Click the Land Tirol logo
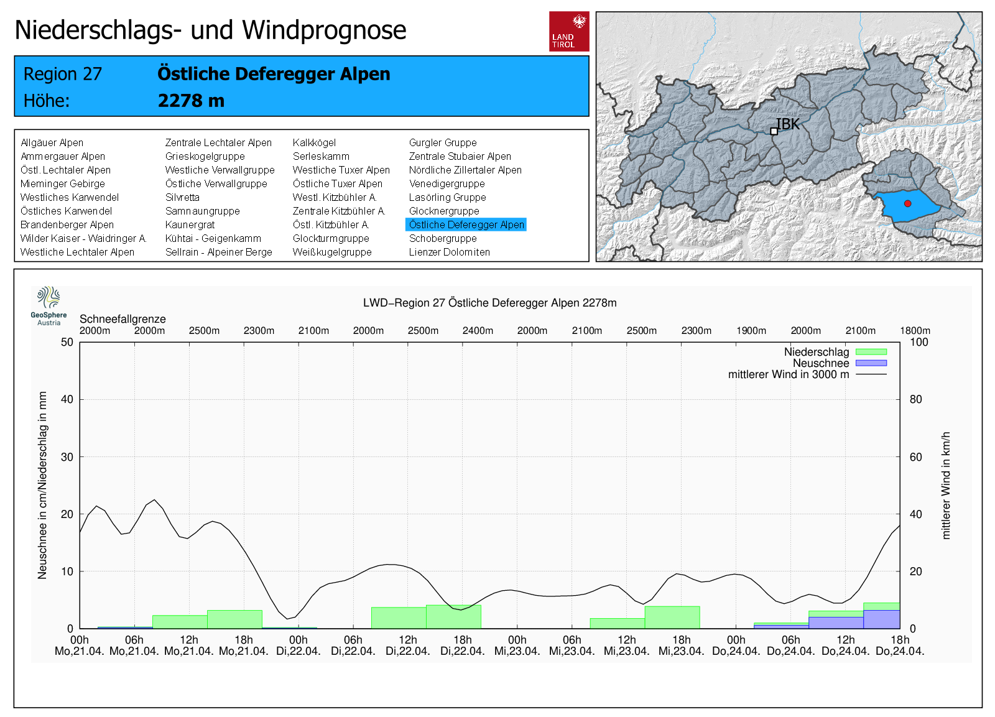[569, 31]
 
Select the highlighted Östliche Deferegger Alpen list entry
[466, 224]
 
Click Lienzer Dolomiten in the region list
[449, 252]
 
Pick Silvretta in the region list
[182, 197]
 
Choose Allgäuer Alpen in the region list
[52, 142]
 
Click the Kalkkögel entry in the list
[314, 142]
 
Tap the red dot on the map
[908, 203]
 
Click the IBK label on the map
[788, 124]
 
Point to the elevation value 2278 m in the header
[191, 101]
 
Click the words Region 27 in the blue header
[62, 74]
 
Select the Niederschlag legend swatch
[871, 352]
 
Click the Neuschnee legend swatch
[871, 363]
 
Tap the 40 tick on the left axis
[67, 399]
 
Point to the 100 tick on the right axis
[919, 342]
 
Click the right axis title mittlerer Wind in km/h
[946, 485]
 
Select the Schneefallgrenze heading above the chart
[123, 319]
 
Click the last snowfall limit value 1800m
[915, 331]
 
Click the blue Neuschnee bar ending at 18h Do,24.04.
[881, 619]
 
